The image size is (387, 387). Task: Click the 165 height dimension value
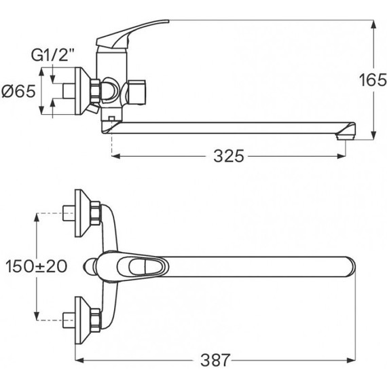click(x=373, y=80)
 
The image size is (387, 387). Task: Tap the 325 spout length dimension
click(x=229, y=156)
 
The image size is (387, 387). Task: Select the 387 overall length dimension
click(x=215, y=360)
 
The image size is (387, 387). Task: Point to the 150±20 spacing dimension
click(x=36, y=266)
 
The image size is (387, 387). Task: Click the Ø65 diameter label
click(x=18, y=91)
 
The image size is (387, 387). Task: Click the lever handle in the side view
click(x=132, y=33)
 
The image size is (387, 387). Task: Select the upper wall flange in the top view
click(x=83, y=213)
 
